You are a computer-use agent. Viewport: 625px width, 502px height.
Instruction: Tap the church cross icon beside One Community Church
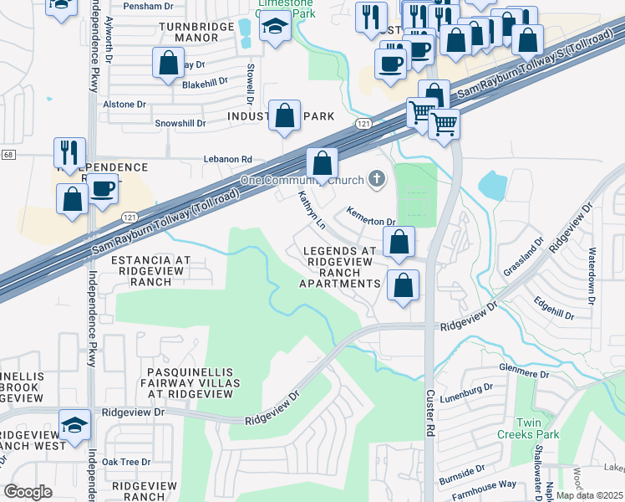(x=378, y=179)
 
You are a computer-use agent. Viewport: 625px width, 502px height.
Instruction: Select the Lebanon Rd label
(x=227, y=159)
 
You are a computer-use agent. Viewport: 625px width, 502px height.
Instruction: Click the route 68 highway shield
(x=8, y=155)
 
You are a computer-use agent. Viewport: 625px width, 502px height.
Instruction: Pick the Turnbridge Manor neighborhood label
(x=201, y=33)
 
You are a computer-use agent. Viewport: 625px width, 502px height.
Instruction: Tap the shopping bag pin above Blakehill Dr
(x=169, y=63)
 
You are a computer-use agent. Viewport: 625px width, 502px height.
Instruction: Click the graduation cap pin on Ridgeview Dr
(x=75, y=426)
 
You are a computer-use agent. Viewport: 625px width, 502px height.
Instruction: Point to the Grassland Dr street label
(x=535, y=244)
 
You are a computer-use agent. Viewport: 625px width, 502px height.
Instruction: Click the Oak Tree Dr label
(x=125, y=461)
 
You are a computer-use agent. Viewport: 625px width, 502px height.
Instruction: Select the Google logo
(x=28, y=491)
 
